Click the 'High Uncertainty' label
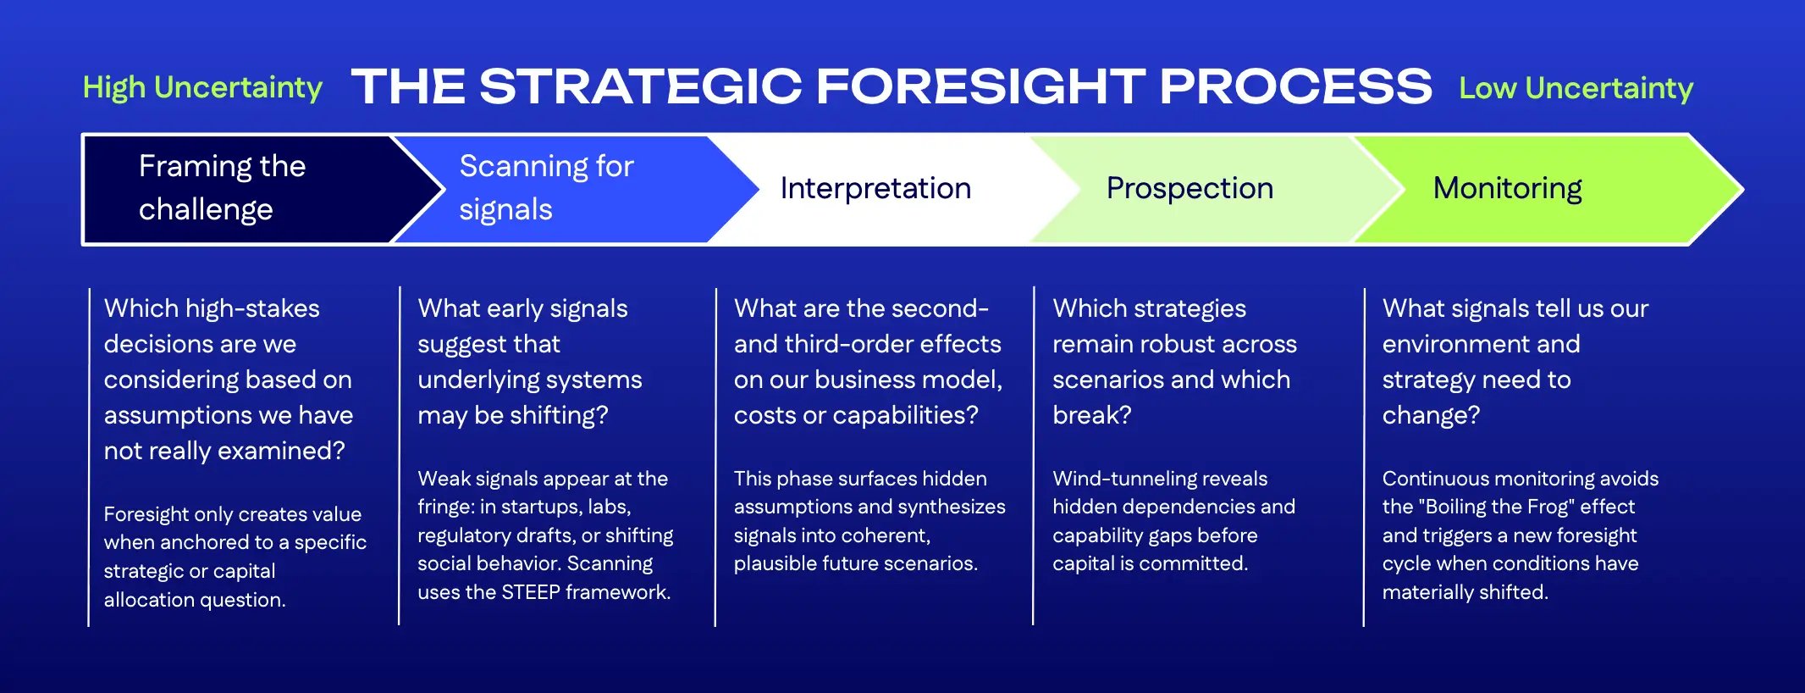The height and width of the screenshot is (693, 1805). [202, 87]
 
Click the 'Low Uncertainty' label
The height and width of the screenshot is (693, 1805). [1576, 88]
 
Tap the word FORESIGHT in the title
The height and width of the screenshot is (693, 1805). [980, 86]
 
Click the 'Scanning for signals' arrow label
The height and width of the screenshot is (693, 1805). [546, 187]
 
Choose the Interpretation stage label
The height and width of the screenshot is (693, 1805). [875, 188]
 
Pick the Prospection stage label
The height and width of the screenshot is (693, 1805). [1190, 188]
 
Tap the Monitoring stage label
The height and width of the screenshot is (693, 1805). [1507, 188]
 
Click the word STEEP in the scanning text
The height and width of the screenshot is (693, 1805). [531, 592]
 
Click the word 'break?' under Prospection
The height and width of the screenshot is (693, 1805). [1091, 415]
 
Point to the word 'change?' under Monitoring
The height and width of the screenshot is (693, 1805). [1431, 415]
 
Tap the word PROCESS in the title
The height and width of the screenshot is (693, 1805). [1294, 86]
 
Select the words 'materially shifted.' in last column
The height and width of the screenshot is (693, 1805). [1465, 592]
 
